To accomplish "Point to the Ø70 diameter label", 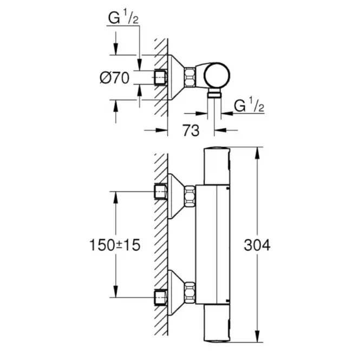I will point(114,78).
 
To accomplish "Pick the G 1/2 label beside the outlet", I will point(249,106).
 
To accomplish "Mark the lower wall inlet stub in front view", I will point(161,297).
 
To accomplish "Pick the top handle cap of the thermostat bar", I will point(218,165).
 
